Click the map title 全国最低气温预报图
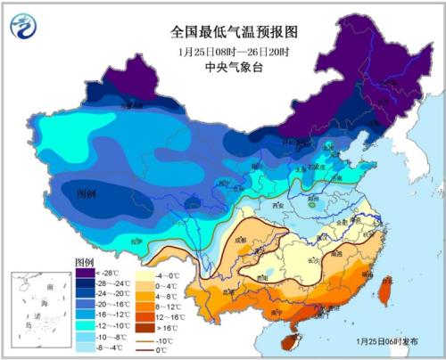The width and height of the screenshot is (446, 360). (x=222, y=31)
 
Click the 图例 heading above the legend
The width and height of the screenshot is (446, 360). (x=86, y=262)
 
